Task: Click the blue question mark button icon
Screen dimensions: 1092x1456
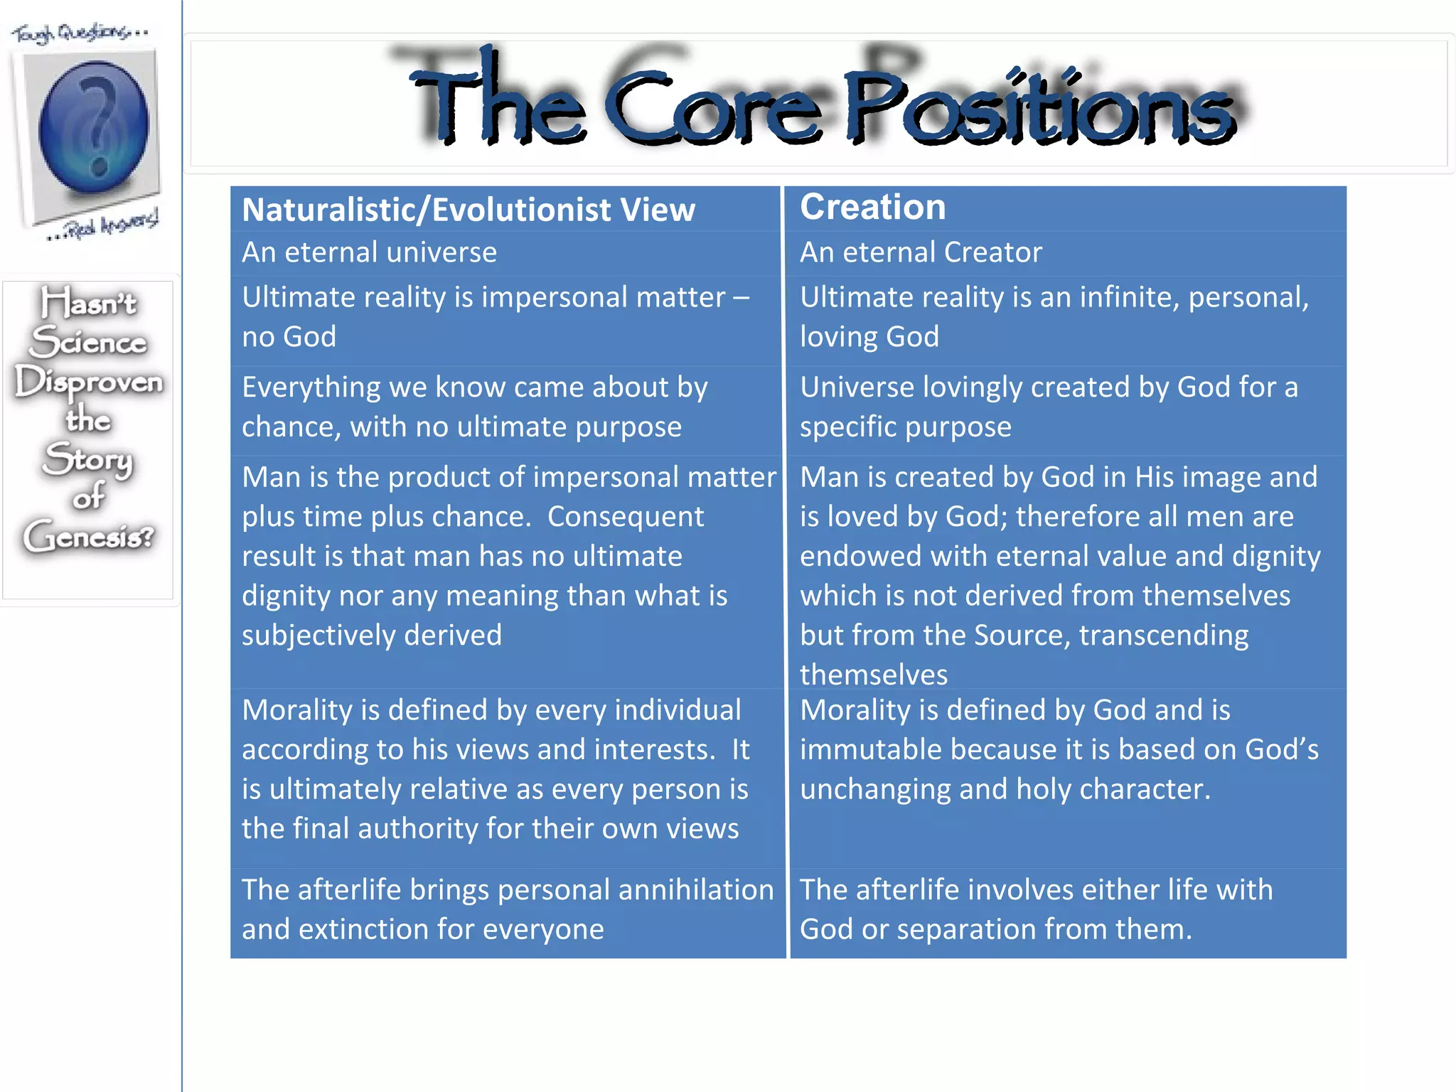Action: [93, 127]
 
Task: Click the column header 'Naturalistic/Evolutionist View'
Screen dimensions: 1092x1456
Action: [468, 210]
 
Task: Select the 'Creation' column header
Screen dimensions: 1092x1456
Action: [872, 207]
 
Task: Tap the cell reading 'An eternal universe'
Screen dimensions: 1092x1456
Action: [369, 252]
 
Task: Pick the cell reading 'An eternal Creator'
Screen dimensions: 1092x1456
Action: [921, 252]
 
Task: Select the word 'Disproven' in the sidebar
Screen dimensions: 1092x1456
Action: [89, 382]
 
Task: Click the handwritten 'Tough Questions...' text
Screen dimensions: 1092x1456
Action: [80, 33]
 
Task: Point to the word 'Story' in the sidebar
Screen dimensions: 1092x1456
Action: [87, 459]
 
